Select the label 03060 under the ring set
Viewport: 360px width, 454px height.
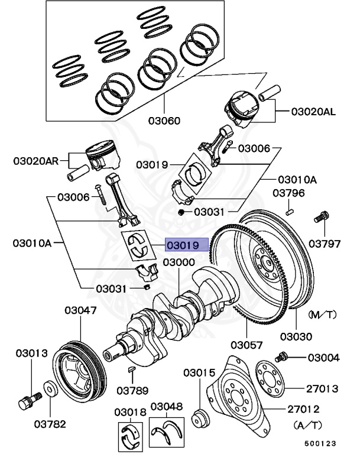(x=165, y=121)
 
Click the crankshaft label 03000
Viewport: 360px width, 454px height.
(x=179, y=262)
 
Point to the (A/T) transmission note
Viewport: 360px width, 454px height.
(x=308, y=424)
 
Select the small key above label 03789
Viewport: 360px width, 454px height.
(x=132, y=370)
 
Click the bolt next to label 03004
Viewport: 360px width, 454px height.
(x=281, y=356)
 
